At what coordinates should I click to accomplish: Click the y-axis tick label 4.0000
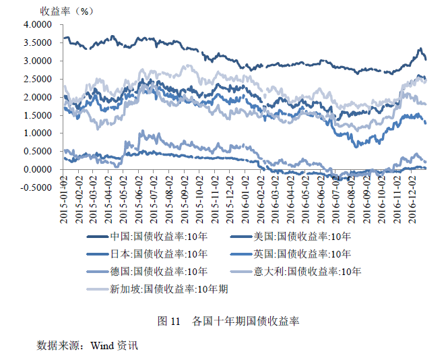(37, 24)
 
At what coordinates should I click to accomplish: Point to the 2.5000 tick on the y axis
(37, 79)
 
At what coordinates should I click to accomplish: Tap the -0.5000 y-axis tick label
(36, 188)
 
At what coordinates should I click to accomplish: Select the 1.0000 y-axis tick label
(37, 133)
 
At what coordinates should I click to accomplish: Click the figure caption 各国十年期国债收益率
(247, 321)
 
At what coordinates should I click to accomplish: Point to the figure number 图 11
(168, 321)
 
